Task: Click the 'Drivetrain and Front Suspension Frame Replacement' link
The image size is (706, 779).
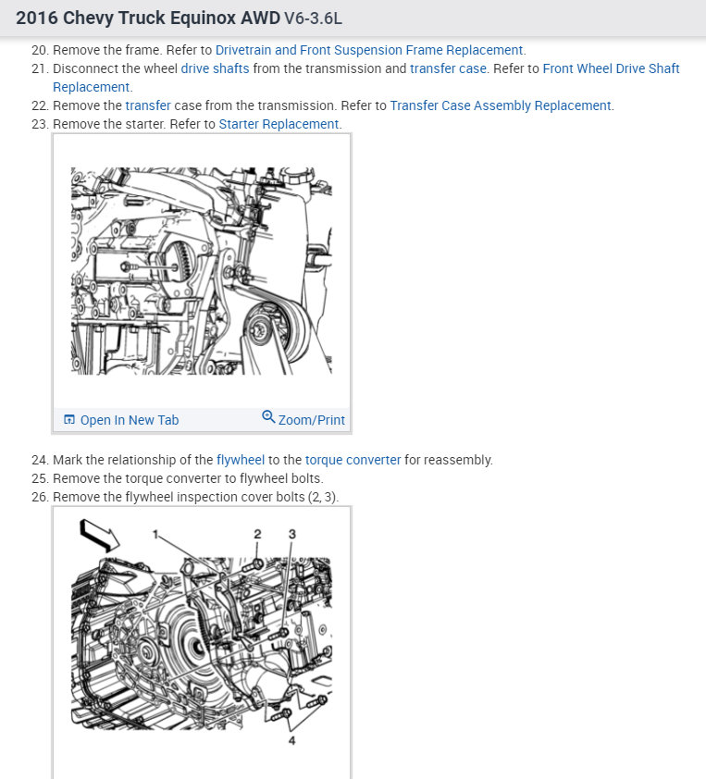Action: point(369,50)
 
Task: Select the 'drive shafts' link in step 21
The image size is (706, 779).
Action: point(215,68)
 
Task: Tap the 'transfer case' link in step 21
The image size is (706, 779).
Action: point(448,68)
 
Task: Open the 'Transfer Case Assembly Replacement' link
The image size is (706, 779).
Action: point(501,105)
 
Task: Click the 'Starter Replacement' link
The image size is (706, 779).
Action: point(279,124)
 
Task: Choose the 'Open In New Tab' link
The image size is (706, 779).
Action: point(121,420)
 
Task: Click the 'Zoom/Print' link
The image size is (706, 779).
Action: point(311,420)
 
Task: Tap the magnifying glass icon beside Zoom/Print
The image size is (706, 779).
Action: point(268,416)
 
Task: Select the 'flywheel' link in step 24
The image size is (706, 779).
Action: point(241,460)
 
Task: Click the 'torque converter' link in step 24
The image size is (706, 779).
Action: point(353,460)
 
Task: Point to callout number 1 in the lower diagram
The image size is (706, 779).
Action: point(155,535)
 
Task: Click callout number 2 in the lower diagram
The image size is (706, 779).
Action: point(257,534)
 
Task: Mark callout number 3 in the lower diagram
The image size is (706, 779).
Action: point(292,534)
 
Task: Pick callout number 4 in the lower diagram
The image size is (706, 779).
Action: point(291,741)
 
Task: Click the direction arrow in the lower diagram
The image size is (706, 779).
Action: point(99,536)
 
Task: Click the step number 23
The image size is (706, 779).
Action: point(40,124)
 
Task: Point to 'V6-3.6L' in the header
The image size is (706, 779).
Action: point(313,19)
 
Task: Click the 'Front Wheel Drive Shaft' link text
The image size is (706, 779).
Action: point(611,68)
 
